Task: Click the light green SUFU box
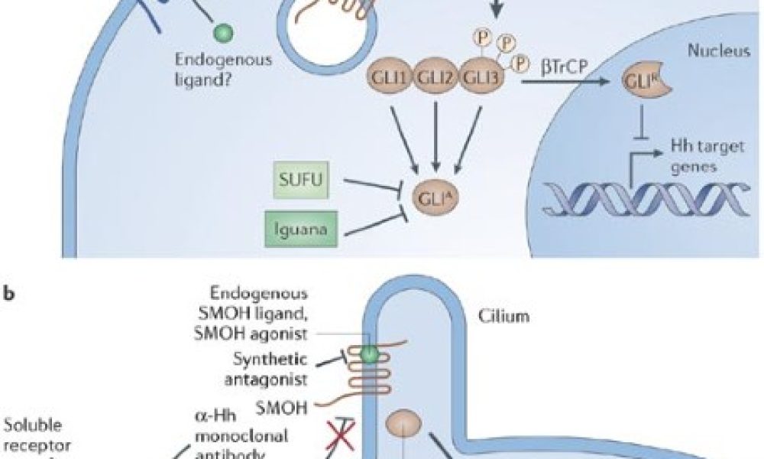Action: tap(304, 180)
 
